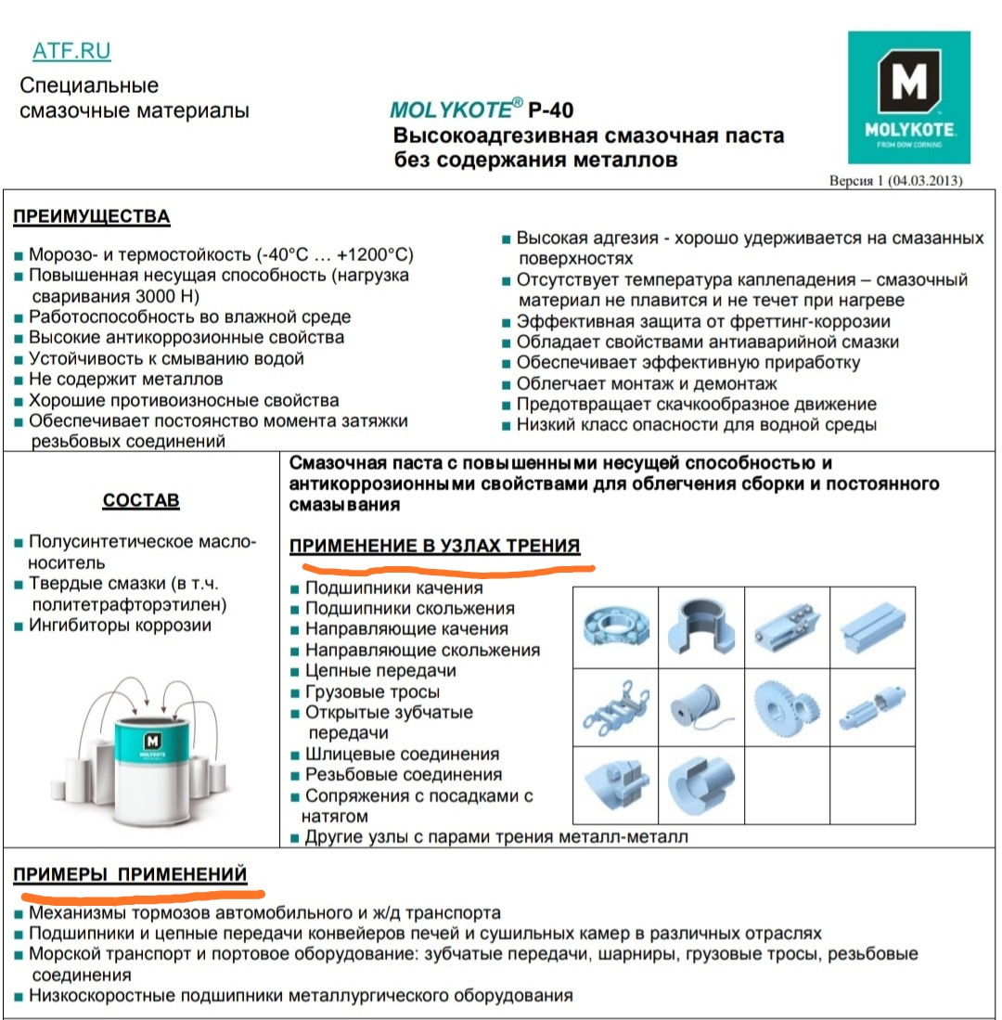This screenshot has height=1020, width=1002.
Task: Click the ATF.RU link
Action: [x=71, y=51]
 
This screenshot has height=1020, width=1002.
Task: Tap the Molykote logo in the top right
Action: [x=908, y=97]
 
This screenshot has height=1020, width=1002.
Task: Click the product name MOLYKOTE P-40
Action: [x=482, y=110]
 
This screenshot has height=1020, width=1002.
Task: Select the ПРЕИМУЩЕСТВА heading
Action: [x=91, y=217]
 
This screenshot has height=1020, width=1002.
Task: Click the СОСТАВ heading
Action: [x=141, y=501]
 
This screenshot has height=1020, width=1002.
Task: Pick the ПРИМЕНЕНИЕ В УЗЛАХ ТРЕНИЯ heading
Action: [x=435, y=546]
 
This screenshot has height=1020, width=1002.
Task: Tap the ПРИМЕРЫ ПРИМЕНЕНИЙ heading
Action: [x=130, y=874]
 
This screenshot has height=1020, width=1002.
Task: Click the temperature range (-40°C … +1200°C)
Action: [x=314, y=255]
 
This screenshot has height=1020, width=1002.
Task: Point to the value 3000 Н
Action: [x=169, y=296]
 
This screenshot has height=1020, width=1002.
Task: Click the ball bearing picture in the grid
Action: [x=615, y=626]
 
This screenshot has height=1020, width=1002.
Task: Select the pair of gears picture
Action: [x=786, y=706]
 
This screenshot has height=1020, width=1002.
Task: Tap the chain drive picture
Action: [x=615, y=706]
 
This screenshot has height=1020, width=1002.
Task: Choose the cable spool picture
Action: [x=700, y=706]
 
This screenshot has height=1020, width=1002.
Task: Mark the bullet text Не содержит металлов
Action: [x=125, y=380]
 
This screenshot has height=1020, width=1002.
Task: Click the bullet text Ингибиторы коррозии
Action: [x=120, y=626]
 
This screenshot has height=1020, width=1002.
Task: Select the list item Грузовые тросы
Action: [x=372, y=691]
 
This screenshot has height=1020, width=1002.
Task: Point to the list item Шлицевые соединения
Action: [x=402, y=755]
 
